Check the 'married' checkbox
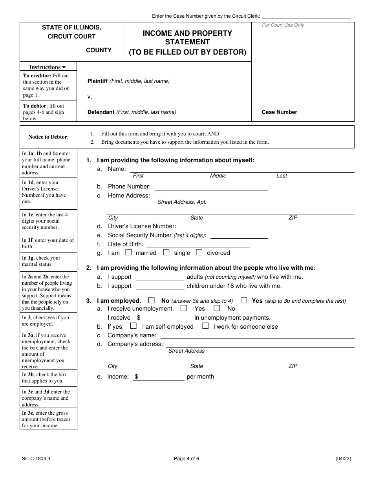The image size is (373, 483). coord(128,252)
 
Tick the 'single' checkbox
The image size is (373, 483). coord(166,252)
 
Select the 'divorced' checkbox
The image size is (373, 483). coord(199,252)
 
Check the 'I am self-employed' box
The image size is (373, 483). coord(133,326)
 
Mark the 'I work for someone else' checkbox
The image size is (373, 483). coord(205,326)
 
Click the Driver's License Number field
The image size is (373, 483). coord(225,227)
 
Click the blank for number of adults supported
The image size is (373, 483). coord(159,277)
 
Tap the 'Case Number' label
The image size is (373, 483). coord(279,112)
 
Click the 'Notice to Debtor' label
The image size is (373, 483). coord(48,137)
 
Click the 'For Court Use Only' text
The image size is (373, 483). coord(283,26)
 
